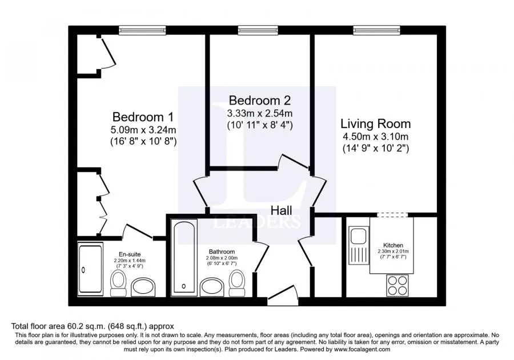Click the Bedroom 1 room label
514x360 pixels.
click(143, 117)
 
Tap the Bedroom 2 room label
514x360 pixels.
click(260, 100)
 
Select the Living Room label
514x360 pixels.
click(376, 123)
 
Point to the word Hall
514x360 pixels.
click(282, 210)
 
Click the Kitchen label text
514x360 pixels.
click(393, 245)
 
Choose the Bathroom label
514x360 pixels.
click(222, 252)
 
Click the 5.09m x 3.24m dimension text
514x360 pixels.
click(143, 130)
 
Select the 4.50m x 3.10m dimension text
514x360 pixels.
click(376, 137)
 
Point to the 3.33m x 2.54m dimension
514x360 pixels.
click(260, 114)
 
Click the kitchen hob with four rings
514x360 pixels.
click(397, 285)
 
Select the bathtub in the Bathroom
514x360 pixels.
click(183, 257)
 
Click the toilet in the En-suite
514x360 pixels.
click(118, 284)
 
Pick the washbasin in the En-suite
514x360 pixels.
click(143, 287)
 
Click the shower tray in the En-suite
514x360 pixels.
click(90, 269)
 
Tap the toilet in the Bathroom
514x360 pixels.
click(236, 283)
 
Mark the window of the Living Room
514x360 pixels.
click(376, 30)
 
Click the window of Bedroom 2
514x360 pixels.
click(259, 30)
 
